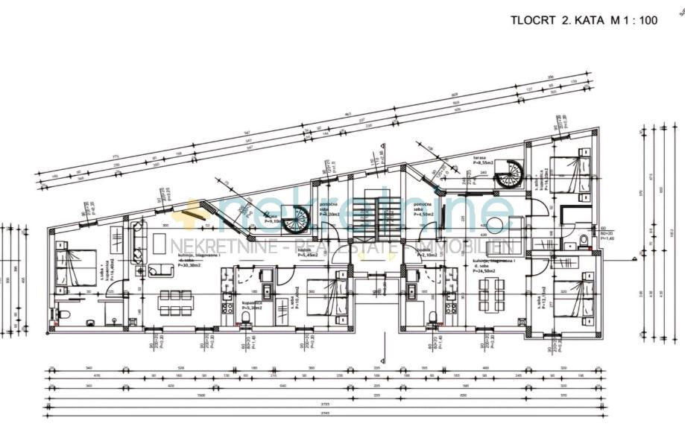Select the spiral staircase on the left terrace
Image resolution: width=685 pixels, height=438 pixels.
click(x=297, y=219)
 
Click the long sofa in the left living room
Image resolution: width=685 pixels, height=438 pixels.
click(x=138, y=242)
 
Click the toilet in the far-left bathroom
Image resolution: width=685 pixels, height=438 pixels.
click(x=64, y=315)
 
